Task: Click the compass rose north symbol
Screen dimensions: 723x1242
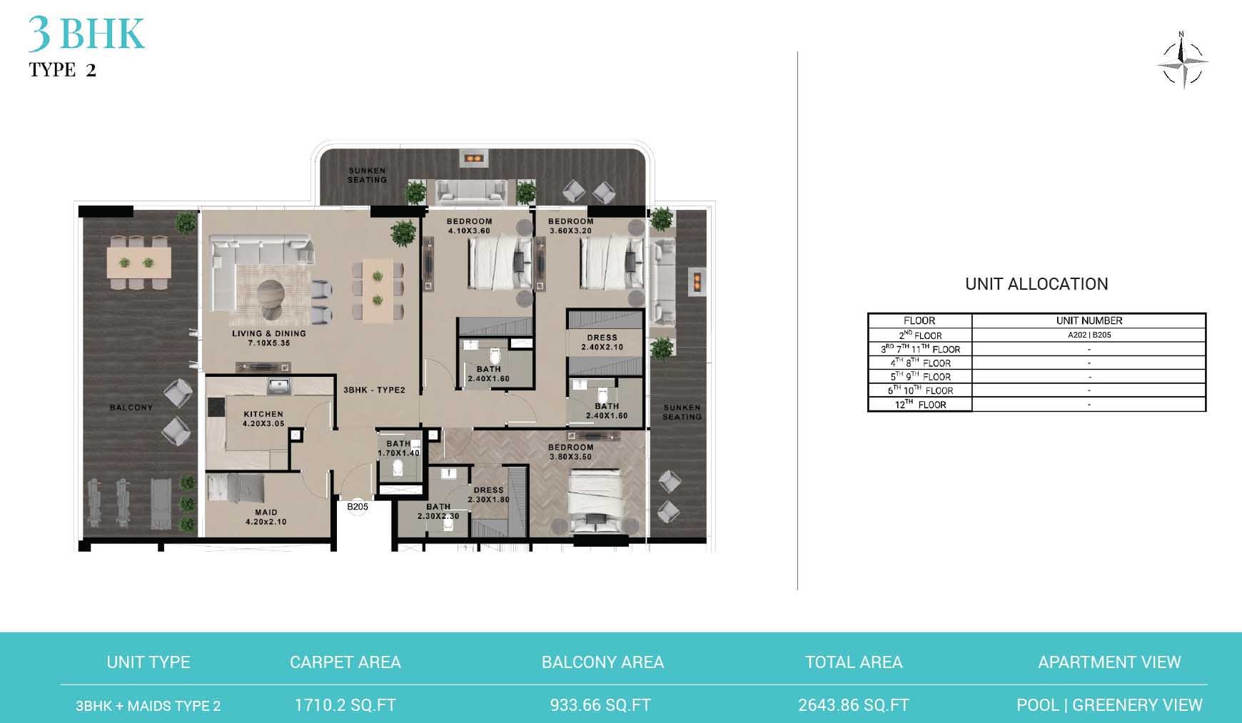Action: click(x=1182, y=61)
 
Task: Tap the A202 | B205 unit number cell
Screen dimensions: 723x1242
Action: click(x=1089, y=335)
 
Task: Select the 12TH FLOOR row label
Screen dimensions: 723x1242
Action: click(x=920, y=405)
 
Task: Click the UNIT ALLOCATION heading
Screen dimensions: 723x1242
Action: click(x=1036, y=284)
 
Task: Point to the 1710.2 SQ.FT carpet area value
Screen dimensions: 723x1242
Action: click(x=345, y=705)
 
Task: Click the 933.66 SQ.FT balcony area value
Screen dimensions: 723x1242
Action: click(x=600, y=705)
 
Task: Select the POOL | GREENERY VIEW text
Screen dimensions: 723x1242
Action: click(x=1109, y=705)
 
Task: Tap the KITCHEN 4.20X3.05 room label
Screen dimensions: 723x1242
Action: click(x=263, y=418)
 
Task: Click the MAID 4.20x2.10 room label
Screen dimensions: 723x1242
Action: click(x=266, y=517)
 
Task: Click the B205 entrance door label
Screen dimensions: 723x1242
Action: click(x=358, y=507)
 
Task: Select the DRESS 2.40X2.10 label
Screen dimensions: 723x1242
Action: click(x=602, y=342)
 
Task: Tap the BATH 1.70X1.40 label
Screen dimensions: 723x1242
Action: click(x=398, y=448)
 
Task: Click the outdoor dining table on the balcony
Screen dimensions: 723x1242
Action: click(x=139, y=262)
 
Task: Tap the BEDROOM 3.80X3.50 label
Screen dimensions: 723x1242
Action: click(x=570, y=452)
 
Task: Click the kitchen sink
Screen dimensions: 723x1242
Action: click(x=278, y=386)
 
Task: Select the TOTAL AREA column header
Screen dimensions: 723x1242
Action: click(x=854, y=662)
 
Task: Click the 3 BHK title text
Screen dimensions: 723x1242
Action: click(x=86, y=34)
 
